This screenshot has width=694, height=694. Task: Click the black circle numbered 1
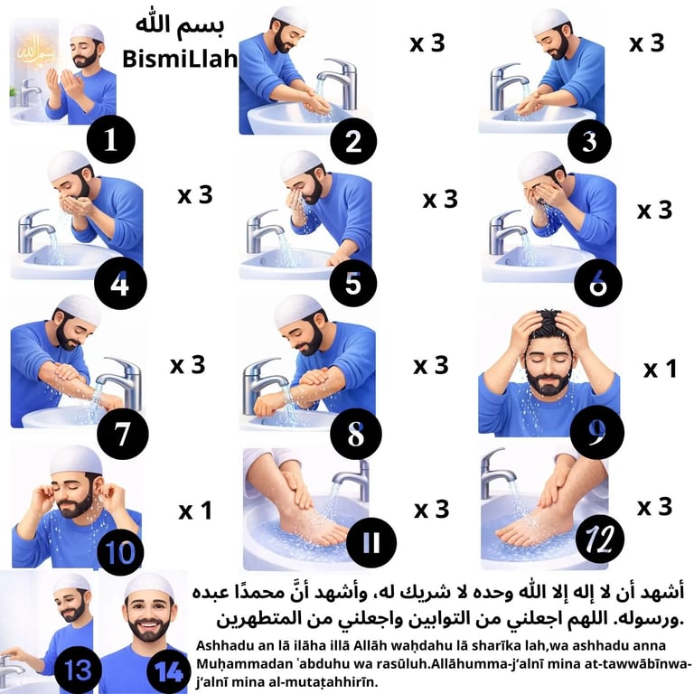pyautogui.click(x=111, y=140)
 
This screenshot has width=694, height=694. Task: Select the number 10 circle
pyautogui.click(x=117, y=549)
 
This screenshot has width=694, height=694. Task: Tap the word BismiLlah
pyautogui.click(x=179, y=61)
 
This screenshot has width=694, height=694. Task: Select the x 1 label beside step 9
pyautogui.click(x=660, y=369)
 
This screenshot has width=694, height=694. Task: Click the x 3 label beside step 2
pyautogui.click(x=427, y=43)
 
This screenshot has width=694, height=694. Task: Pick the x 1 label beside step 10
pyautogui.click(x=194, y=511)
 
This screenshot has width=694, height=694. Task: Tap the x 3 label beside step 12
pyautogui.click(x=654, y=507)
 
